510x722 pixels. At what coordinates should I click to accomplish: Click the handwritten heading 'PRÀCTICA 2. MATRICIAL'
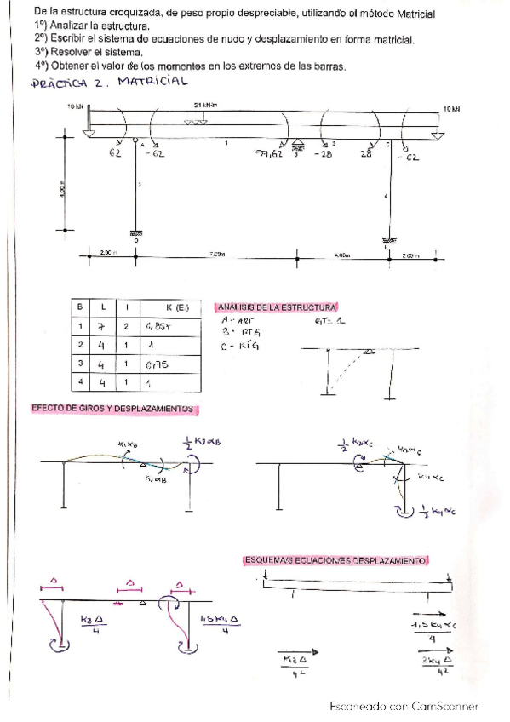pos(108,83)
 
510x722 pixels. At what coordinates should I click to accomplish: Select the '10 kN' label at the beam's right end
pos(450,109)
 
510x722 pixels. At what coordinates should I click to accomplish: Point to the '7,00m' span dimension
pos(217,254)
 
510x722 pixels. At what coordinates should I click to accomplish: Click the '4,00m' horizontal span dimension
pos(342,254)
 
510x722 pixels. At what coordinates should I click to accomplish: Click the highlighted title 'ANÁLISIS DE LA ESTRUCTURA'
pos(278,307)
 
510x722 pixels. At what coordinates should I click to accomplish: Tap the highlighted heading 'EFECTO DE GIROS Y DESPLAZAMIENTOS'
pos(112,408)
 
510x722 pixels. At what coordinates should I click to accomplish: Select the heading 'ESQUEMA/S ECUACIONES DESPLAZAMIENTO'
pos(336,560)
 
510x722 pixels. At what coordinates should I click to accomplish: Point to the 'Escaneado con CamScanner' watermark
pos(404,706)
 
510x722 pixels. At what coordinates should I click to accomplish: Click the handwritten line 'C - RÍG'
pos(238,345)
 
